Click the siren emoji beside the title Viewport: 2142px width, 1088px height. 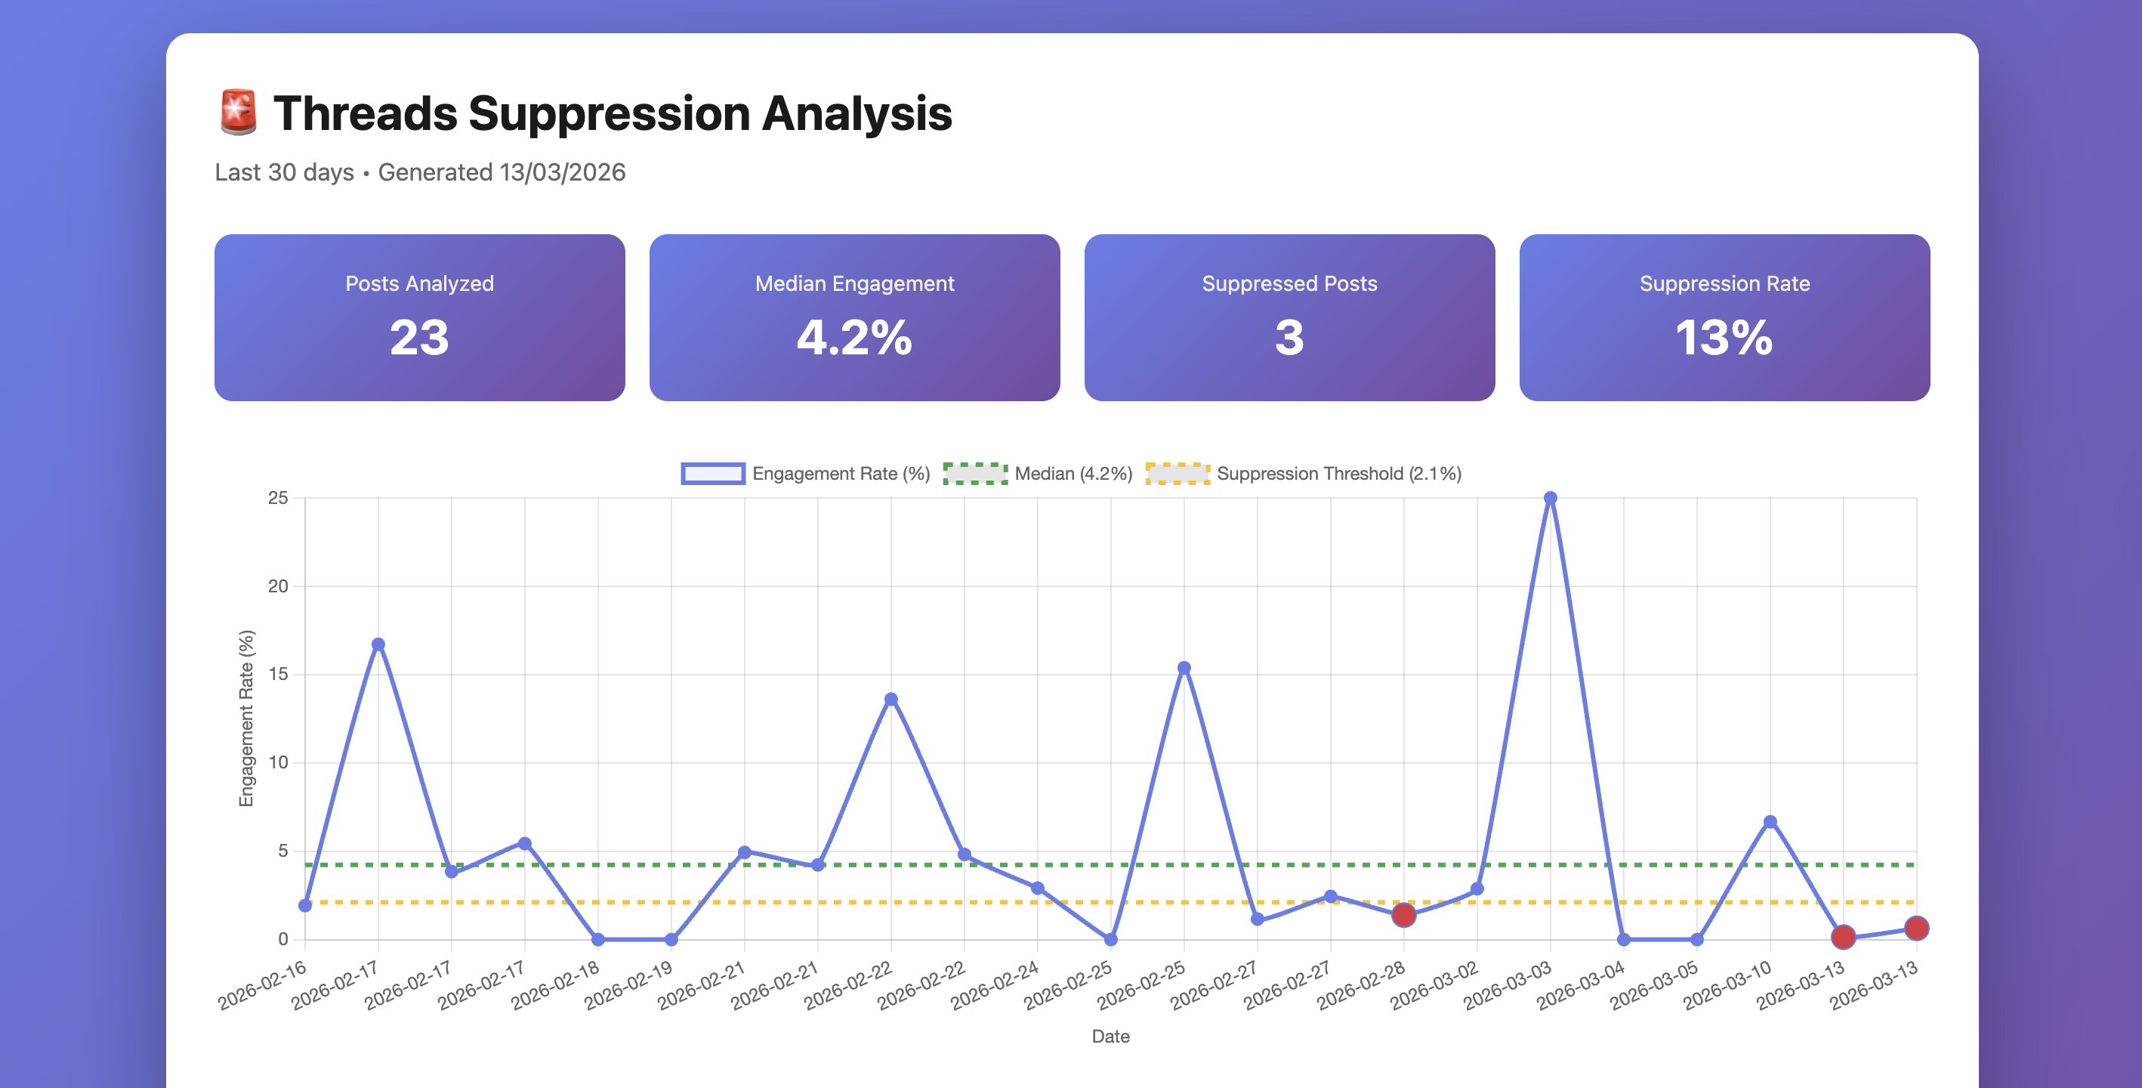(238, 113)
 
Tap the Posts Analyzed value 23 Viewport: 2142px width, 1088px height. (419, 338)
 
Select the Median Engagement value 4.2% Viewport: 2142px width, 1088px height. (854, 338)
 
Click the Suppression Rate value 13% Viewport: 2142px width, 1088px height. (1724, 338)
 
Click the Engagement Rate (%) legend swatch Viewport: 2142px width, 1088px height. (712, 473)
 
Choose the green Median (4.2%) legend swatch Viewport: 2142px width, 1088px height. (974, 473)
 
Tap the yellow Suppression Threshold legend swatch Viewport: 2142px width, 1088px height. (1177, 473)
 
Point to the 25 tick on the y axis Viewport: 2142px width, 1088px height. (278, 498)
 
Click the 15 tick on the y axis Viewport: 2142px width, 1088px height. (278, 675)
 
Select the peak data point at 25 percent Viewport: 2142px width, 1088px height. (1550, 498)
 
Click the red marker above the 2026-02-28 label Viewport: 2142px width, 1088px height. (1403, 915)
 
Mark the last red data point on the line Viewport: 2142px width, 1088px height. (1916, 929)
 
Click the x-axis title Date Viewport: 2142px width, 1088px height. (1110, 1037)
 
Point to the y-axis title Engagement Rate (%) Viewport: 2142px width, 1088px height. (246, 718)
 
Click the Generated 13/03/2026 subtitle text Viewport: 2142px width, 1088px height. (502, 172)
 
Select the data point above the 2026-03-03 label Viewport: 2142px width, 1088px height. (1550, 498)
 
